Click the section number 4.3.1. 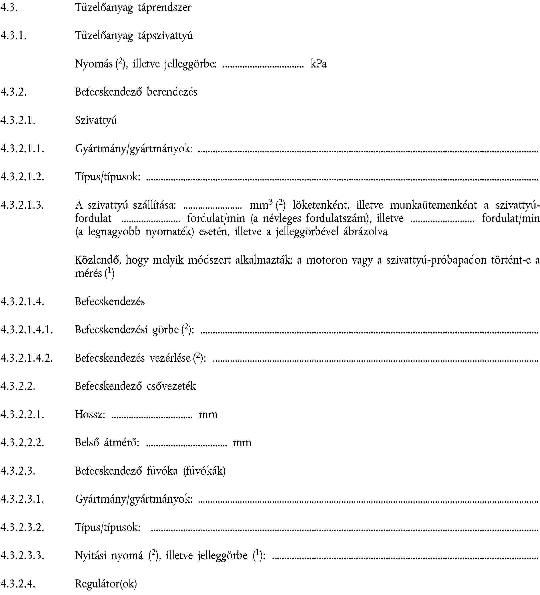[14, 36]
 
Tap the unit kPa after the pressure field [318, 64]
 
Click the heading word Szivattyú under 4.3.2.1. [96, 120]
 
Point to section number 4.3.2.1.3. [22, 205]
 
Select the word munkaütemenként [433, 205]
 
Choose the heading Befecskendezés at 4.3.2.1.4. [110, 301]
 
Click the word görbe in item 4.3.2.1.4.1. [165, 330]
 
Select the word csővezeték [171, 386]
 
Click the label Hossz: [90, 414]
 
